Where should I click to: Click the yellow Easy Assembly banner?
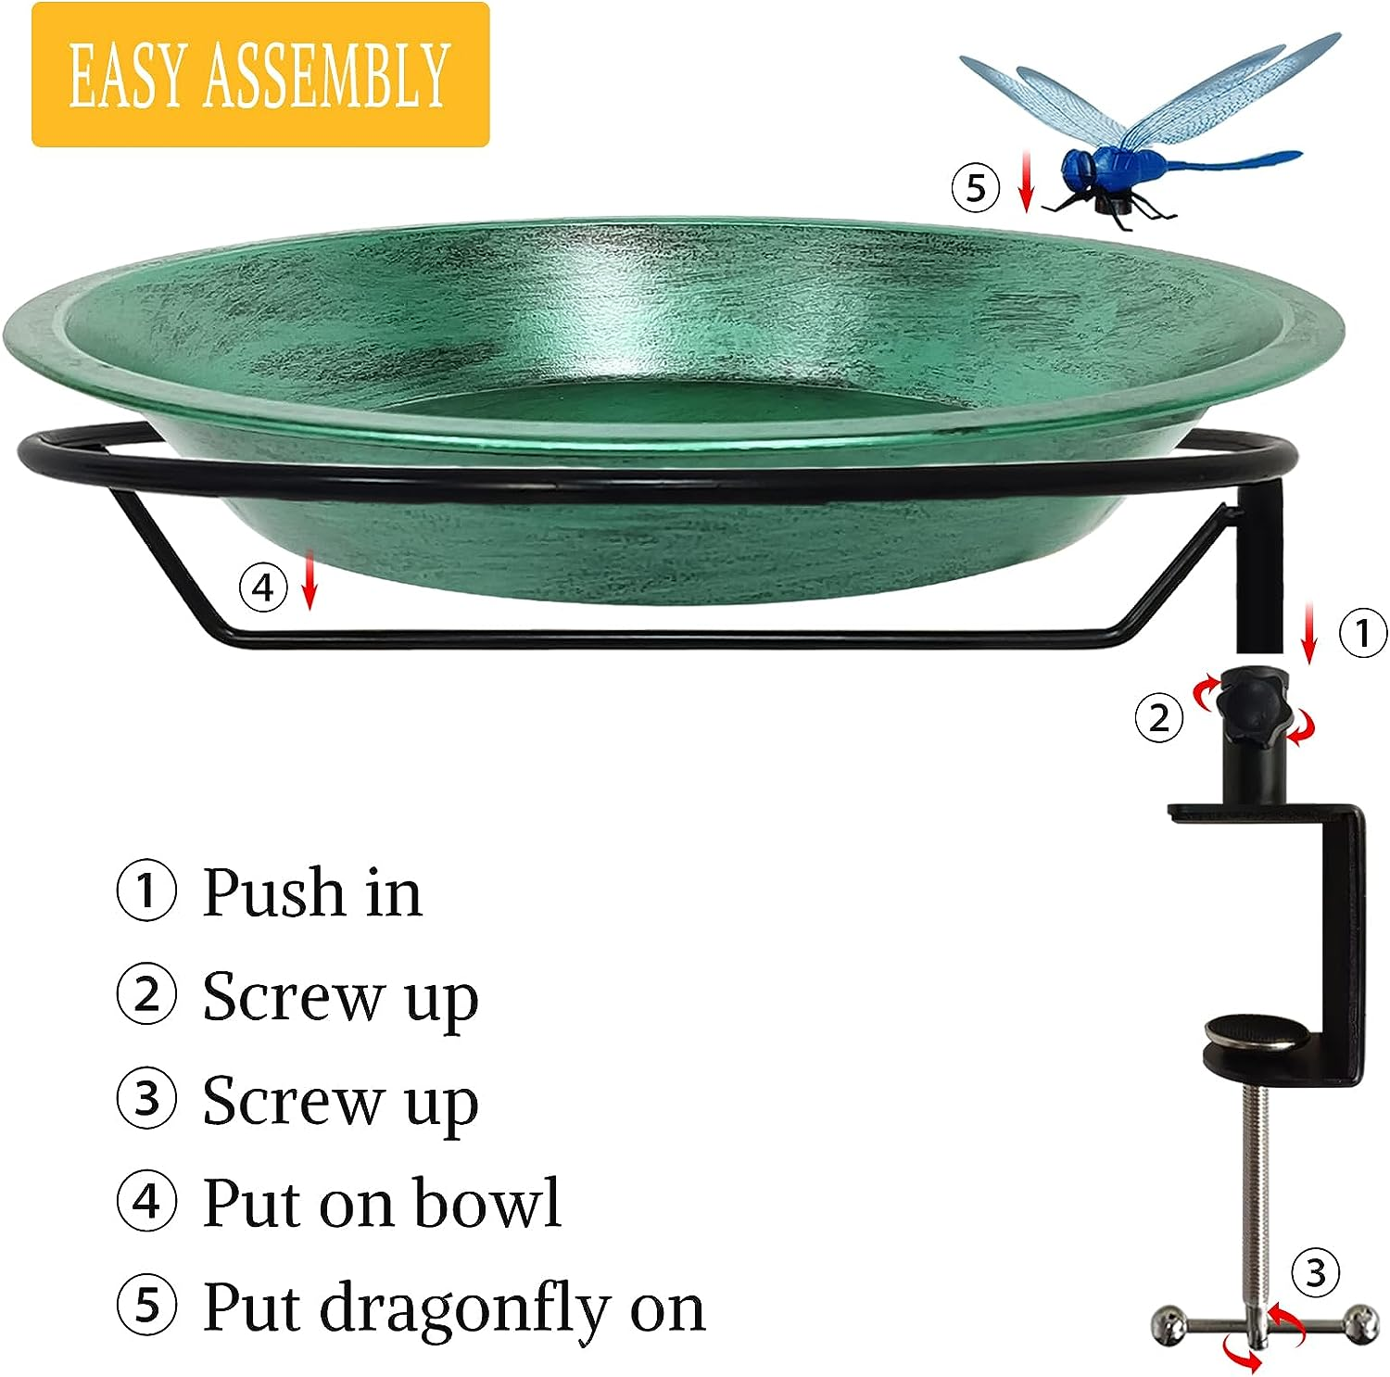tap(259, 74)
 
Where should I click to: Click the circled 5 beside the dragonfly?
tap(976, 188)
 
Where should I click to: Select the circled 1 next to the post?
tap(1363, 634)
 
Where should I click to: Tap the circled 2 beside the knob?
tap(1159, 717)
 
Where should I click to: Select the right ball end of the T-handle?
tap(1362, 1320)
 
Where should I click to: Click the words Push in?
tap(311, 893)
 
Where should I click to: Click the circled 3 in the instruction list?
tap(146, 1099)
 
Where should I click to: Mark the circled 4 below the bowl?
tap(263, 587)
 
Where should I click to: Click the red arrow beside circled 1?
tap(1308, 632)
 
